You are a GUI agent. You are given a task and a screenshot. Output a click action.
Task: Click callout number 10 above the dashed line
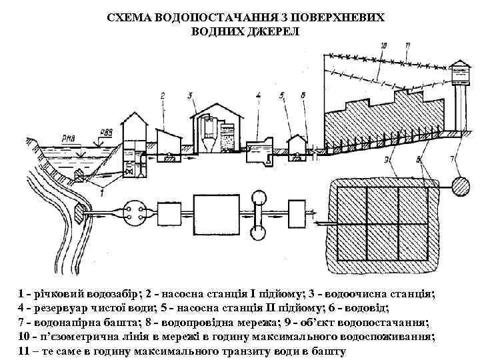(382, 46)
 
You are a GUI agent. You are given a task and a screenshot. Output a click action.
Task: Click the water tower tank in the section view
(458, 71)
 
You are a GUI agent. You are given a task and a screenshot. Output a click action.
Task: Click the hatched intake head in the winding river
(79, 213)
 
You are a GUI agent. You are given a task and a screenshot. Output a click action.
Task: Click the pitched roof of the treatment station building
(213, 107)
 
